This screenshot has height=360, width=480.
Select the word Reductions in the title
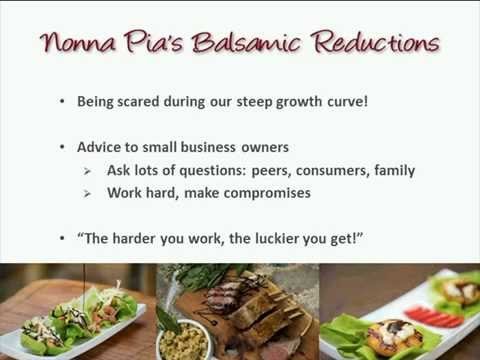pos(376,43)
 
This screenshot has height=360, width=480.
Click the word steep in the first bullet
pos(264,101)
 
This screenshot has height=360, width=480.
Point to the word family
pos(393,171)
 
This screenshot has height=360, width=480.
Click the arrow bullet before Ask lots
pos(88,171)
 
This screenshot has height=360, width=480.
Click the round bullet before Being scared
pos(65,102)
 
